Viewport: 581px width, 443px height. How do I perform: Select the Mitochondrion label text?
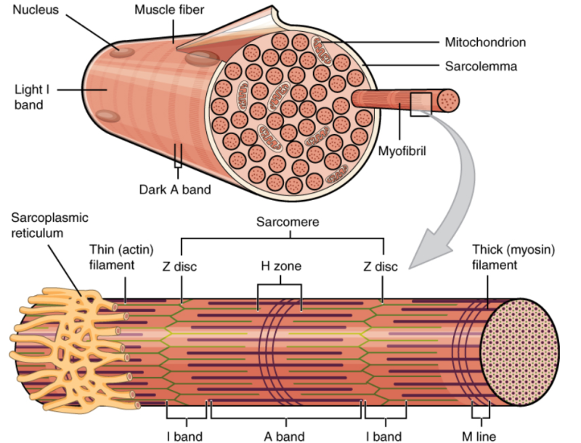pyautogui.click(x=484, y=42)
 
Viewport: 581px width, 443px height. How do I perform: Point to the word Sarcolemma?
pyautogui.click(x=481, y=67)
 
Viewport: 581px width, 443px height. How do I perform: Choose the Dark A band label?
pyautogui.click(x=175, y=190)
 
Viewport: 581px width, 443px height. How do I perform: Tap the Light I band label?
pyautogui.click(x=28, y=98)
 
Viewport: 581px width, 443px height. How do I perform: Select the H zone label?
pyautogui.click(x=281, y=266)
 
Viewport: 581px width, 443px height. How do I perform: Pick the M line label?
pyautogui.click(x=480, y=436)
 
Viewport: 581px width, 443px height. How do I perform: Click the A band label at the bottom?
pyautogui.click(x=284, y=436)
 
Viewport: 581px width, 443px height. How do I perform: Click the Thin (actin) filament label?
pyautogui.click(x=112, y=257)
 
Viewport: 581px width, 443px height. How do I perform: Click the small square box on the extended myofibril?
pyautogui.click(x=420, y=104)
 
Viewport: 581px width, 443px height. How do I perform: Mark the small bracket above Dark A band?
pyautogui.click(x=177, y=156)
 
